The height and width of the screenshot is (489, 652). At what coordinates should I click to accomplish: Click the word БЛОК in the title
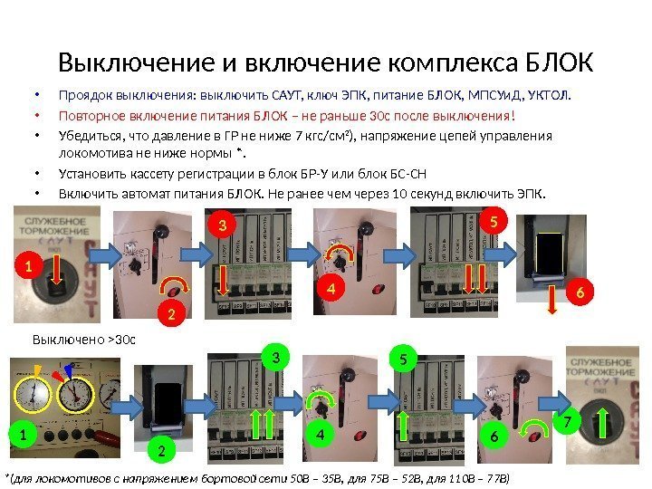[559, 64]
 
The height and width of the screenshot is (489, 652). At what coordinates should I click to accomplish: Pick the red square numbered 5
[494, 220]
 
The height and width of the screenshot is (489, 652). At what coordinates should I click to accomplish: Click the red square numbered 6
[580, 293]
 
